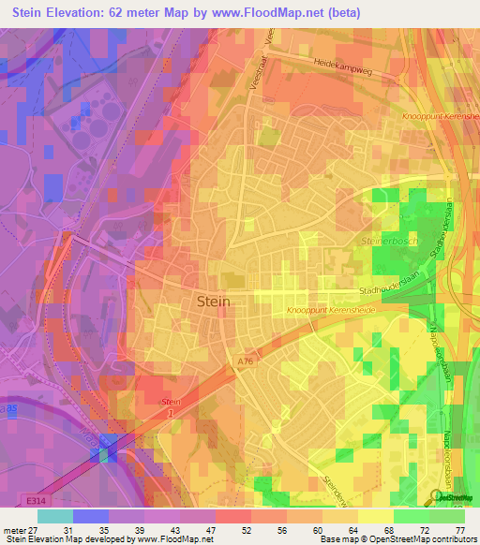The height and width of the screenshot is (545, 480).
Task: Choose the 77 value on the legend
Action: point(459,530)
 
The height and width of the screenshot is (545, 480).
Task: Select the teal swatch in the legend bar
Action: point(55,515)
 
